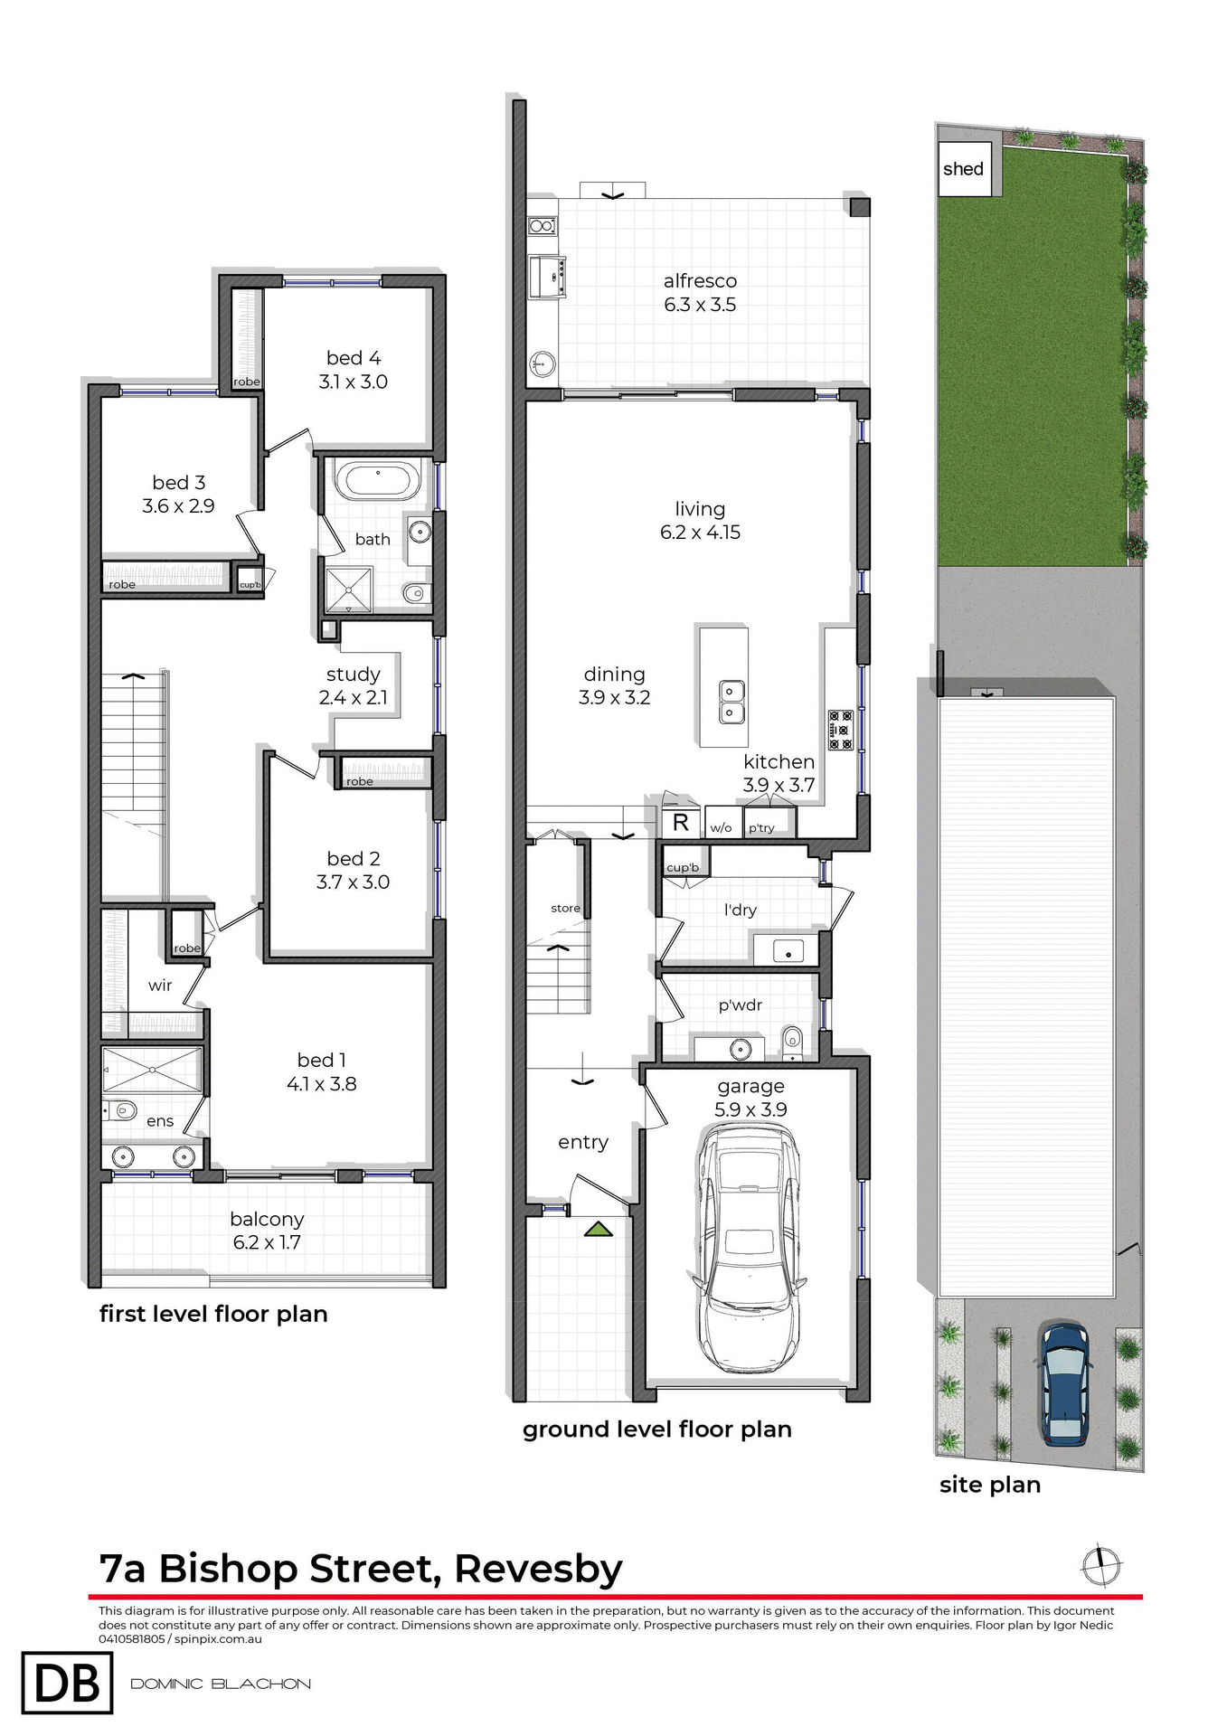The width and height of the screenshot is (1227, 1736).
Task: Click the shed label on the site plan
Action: click(963, 169)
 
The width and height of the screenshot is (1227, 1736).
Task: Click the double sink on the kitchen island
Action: click(731, 703)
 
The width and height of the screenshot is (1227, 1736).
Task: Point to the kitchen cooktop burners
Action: click(841, 731)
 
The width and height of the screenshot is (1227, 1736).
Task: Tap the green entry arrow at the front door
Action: click(598, 1230)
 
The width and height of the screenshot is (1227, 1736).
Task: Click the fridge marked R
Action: click(681, 823)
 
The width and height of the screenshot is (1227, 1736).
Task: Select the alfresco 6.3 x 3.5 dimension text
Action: click(700, 305)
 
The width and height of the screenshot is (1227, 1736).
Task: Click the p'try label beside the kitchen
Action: click(761, 827)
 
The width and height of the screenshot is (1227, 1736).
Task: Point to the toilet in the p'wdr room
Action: click(792, 1040)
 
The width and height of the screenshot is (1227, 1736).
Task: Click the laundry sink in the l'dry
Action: click(788, 952)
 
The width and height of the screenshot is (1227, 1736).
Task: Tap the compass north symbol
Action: click(1101, 1566)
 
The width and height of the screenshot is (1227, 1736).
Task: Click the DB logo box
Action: click(68, 1683)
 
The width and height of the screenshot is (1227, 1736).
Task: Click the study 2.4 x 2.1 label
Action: click(353, 686)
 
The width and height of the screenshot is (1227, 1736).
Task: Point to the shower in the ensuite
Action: click(152, 1070)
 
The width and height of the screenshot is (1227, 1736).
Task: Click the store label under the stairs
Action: click(565, 908)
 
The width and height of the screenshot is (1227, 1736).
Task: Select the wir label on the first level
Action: click(160, 986)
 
